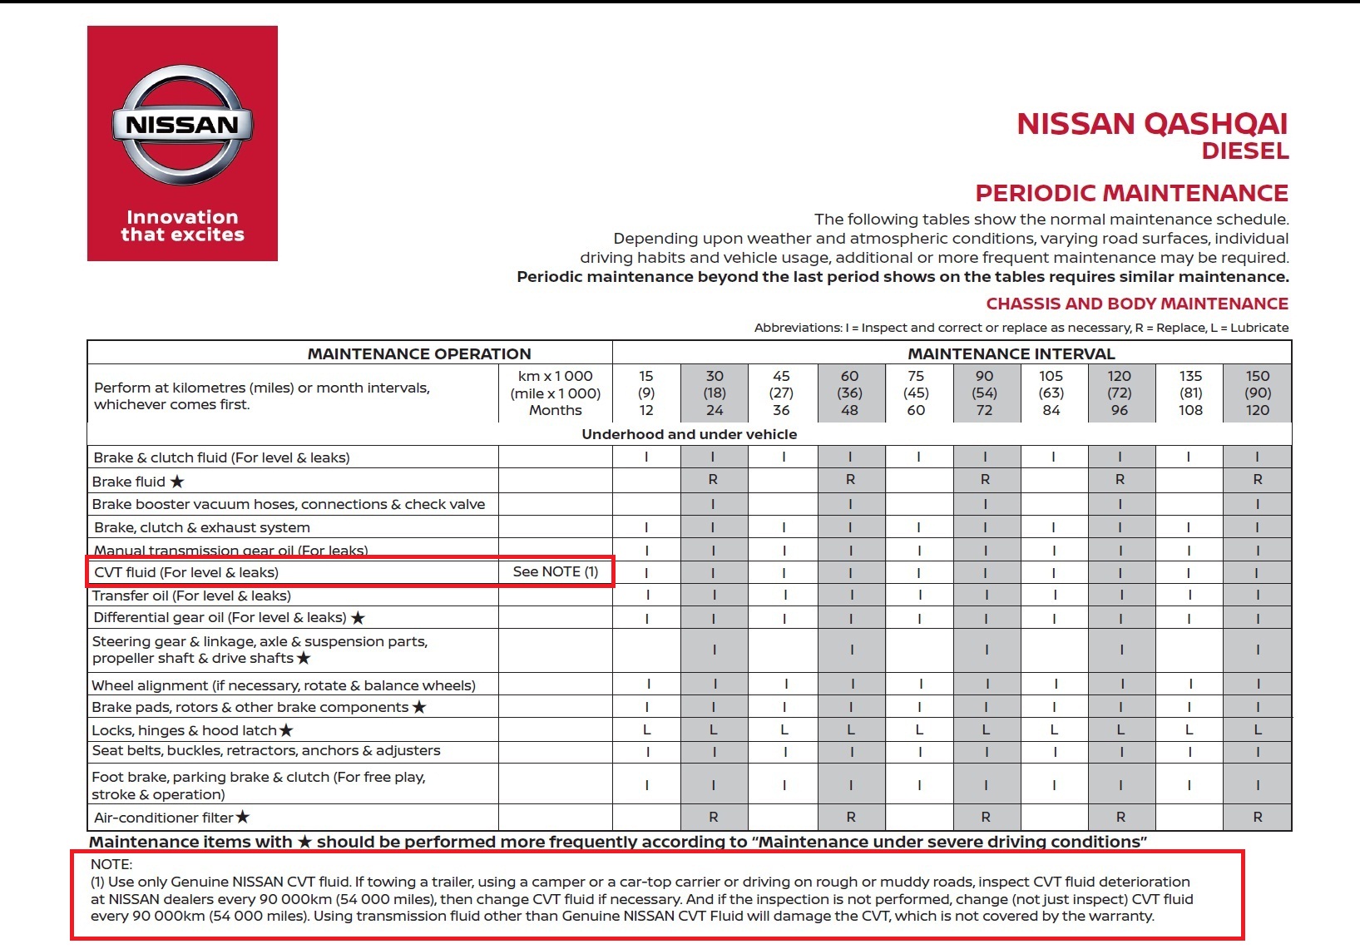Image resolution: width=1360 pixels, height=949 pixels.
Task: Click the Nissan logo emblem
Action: (182, 125)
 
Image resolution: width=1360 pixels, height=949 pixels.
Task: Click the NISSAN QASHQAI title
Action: (1152, 124)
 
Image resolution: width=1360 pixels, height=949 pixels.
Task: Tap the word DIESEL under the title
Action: (1244, 151)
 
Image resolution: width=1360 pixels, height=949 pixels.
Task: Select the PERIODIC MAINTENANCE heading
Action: (1131, 193)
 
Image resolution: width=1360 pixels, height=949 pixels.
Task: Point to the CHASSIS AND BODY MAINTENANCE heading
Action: (1136, 304)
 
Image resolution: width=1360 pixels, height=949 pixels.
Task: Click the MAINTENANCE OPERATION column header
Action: (419, 353)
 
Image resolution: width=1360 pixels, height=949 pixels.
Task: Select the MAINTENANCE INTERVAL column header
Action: (1011, 353)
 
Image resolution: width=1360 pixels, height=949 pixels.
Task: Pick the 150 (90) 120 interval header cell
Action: (1257, 393)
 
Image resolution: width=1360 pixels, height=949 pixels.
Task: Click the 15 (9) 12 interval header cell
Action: (646, 393)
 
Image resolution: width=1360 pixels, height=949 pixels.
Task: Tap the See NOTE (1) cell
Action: (556, 571)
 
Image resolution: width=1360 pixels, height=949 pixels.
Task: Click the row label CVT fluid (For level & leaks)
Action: (186, 572)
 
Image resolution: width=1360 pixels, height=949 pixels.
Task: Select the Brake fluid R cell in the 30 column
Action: (713, 480)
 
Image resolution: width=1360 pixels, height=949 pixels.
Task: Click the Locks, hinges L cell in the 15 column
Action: (647, 730)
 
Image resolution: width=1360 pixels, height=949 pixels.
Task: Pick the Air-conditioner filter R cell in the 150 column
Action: (1258, 818)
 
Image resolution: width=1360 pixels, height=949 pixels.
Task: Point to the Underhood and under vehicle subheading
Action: (689, 434)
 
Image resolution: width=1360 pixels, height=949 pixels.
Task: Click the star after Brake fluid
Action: (177, 482)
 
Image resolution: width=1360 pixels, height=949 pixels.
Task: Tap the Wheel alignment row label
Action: (284, 685)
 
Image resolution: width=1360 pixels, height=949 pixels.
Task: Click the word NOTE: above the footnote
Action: (111, 864)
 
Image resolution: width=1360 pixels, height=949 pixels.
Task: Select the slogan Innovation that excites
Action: (182, 226)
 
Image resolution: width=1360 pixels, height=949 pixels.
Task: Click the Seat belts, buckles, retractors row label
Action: (266, 750)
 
